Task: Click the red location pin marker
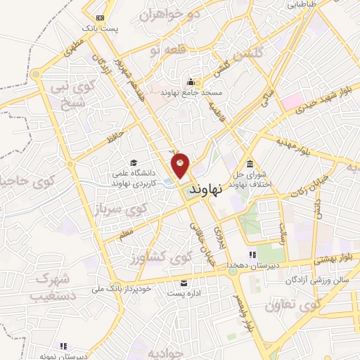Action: click(181, 165)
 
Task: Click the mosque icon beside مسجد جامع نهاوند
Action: click(191, 82)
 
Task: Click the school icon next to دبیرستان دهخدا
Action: click(252, 255)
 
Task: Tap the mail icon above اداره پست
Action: click(184, 283)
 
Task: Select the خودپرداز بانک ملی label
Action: click(122, 288)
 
